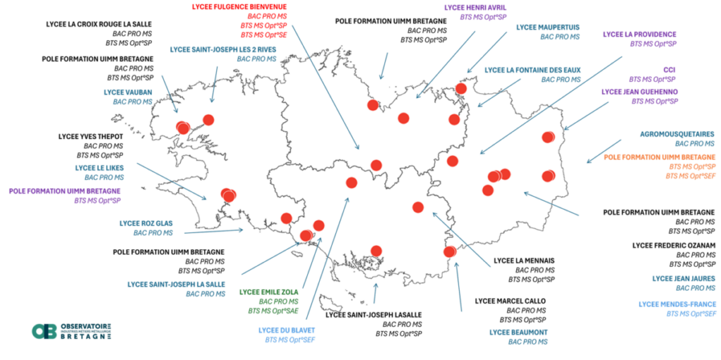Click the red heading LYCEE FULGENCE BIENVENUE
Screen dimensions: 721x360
click(x=239, y=6)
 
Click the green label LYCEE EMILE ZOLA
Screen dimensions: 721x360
click(x=268, y=292)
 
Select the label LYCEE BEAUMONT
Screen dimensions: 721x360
click(x=519, y=332)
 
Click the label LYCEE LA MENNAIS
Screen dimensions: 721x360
click(x=524, y=261)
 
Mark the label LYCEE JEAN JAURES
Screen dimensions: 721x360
click(x=684, y=278)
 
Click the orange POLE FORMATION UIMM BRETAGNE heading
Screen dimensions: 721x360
click(x=660, y=157)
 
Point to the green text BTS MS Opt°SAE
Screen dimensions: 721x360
click(x=273, y=311)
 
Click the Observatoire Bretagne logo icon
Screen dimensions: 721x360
click(x=44, y=331)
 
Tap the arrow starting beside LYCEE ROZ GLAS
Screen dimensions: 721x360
click(x=213, y=232)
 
